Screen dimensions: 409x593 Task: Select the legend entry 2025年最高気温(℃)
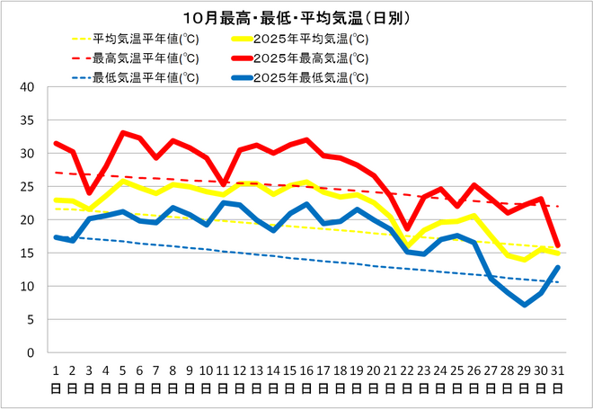coord(311,58)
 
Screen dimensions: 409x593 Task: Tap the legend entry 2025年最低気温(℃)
coord(311,77)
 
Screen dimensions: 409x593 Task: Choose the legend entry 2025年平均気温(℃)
coord(311,39)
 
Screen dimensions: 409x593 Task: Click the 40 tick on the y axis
coord(27,88)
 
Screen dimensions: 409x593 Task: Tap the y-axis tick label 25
coord(27,187)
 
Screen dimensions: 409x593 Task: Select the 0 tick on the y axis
coord(31,352)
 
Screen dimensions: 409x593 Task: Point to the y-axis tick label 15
coord(27,253)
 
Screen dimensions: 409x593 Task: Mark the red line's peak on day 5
coord(123,133)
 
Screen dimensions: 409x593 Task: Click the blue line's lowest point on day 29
coord(525,305)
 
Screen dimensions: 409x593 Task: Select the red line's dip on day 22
coord(407,229)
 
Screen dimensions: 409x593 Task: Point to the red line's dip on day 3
coord(89,192)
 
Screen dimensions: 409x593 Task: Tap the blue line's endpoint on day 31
coord(558,267)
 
